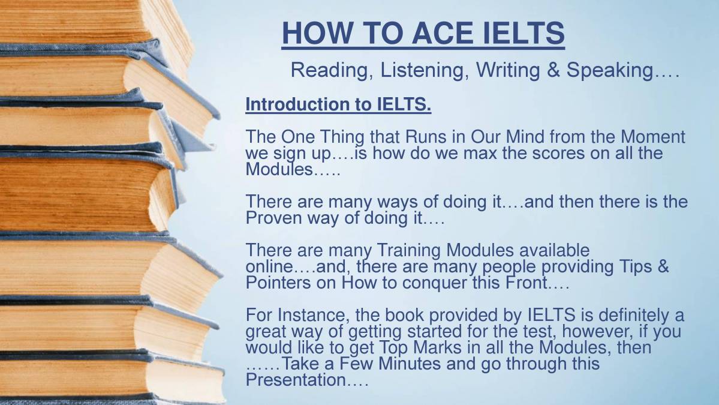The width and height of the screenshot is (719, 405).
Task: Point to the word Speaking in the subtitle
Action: (609, 70)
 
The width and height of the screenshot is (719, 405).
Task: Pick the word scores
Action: (528, 153)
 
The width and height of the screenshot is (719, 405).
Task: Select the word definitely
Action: (621, 315)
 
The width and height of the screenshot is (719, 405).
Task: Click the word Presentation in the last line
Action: (295, 380)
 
